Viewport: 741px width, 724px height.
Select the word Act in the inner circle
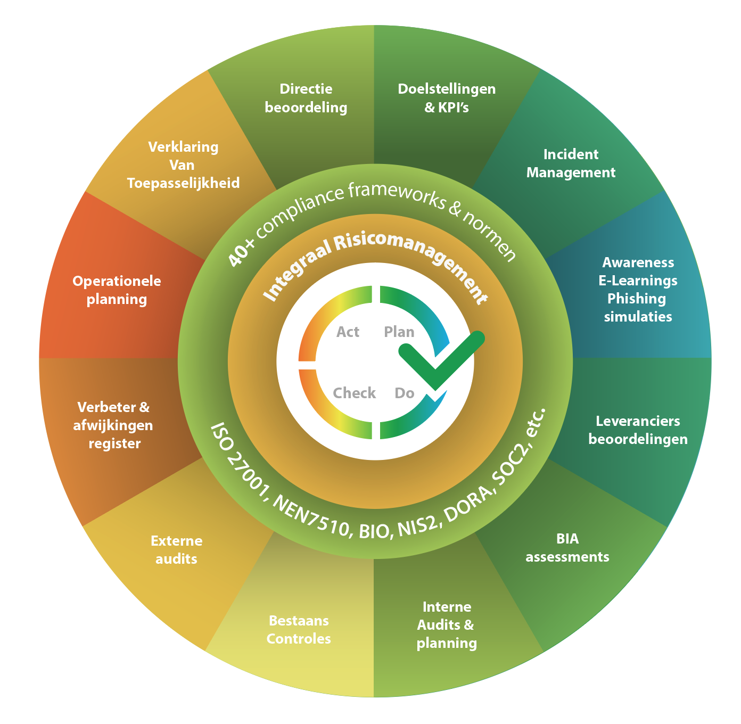click(348, 332)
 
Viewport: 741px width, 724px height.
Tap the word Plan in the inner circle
click(399, 332)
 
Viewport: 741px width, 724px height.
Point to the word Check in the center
click(355, 393)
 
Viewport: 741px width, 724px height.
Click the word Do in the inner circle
click(405, 393)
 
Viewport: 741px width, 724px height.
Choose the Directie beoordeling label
click(306, 98)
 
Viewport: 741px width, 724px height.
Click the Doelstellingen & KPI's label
click(447, 98)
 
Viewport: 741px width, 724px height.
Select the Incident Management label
click(571, 163)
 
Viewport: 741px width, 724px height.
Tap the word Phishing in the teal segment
click(637, 299)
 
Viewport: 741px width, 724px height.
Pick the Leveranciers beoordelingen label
click(638, 430)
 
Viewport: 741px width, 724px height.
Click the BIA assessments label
click(567, 548)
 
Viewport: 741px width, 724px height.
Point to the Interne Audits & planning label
click(447, 625)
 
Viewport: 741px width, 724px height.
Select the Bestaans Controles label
click(299, 630)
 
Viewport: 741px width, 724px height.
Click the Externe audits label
click(176, 550)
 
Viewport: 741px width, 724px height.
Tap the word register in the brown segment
click(114, 444)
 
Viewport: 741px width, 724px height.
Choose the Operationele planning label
click(117, 290)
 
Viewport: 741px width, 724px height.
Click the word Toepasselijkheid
click(183, 183)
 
